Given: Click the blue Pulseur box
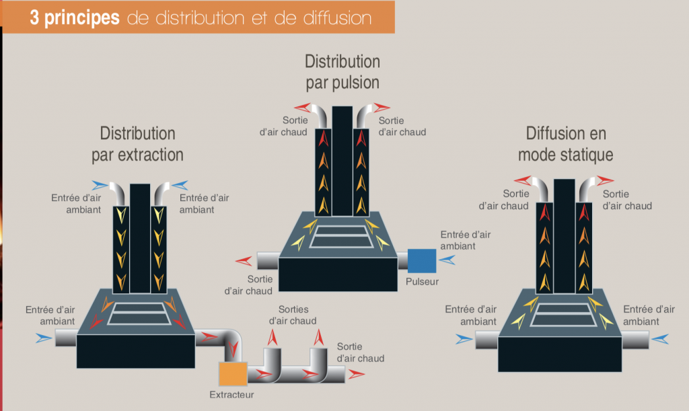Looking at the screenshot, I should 422,260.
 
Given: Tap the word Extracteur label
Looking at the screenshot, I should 232,395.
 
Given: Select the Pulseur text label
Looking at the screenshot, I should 422,281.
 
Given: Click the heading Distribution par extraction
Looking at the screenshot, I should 137,144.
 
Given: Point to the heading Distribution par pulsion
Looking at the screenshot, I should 342,72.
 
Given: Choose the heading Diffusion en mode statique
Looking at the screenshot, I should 565,144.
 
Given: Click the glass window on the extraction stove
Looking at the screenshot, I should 138,313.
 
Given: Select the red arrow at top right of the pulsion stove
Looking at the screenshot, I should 381,107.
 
